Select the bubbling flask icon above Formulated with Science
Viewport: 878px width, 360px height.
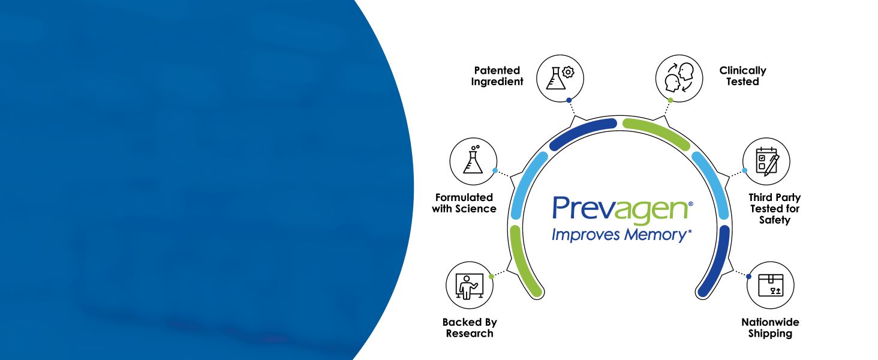(473, 161)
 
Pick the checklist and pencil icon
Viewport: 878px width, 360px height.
(766, 161)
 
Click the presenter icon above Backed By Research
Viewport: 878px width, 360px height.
(470, 284)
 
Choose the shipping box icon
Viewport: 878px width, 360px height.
(770, 284)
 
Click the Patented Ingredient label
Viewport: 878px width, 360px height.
(497, 76)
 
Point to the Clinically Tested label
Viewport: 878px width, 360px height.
(742, 76)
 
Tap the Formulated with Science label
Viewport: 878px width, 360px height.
(464, 203)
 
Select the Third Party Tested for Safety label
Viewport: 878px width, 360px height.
(774, 208)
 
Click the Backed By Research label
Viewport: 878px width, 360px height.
(470, 328)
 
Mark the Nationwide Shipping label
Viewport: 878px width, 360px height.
(770, 328)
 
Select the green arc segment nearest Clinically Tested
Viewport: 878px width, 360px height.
(657, 132)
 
